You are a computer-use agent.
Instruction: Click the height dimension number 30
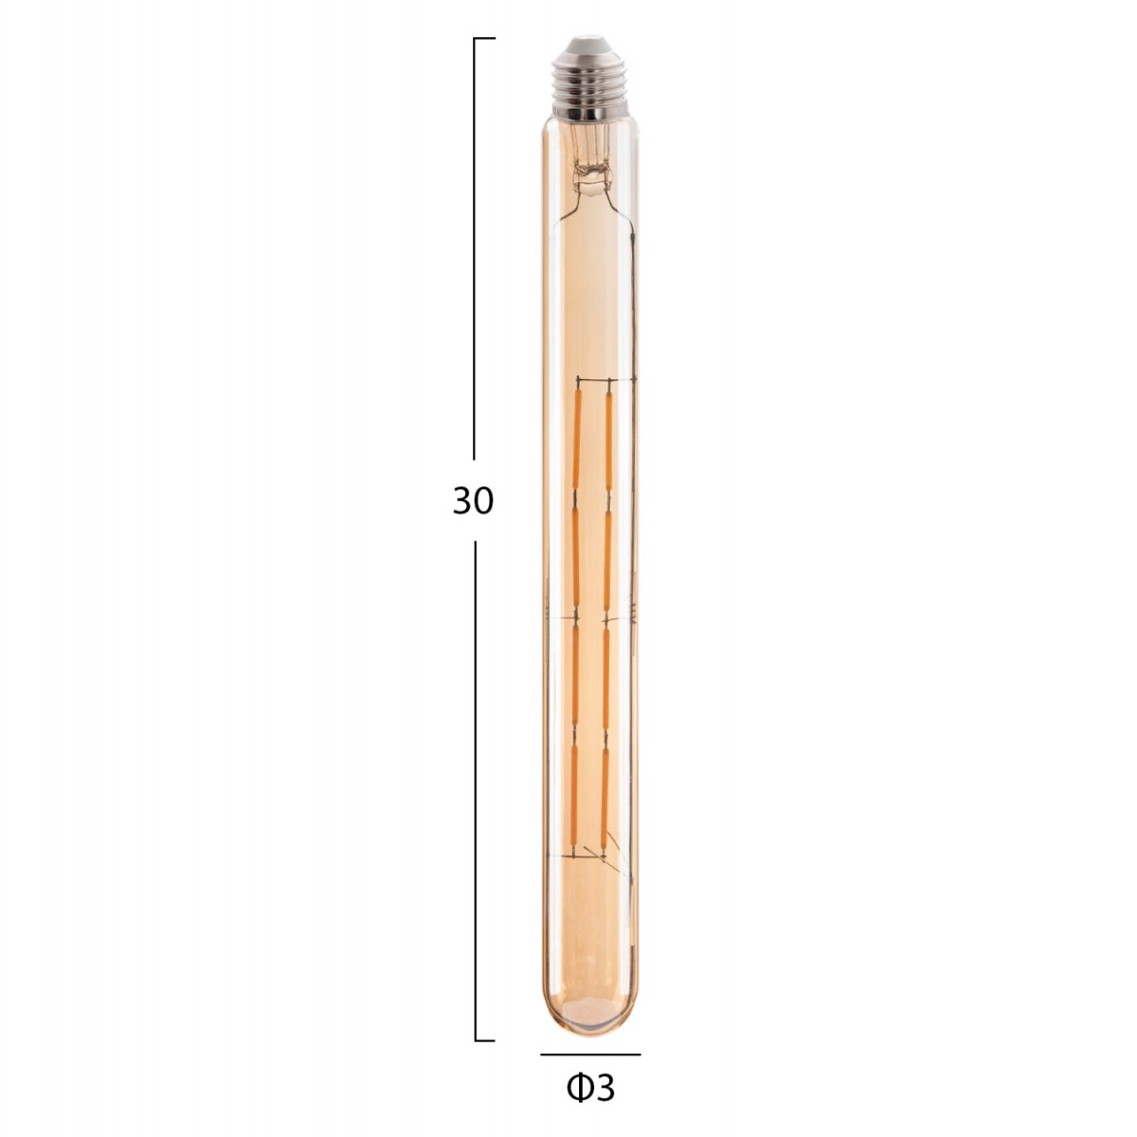pyautogui.click(x=473, y=500)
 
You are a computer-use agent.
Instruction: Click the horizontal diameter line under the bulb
pyautogui.click(x=590, y=1054)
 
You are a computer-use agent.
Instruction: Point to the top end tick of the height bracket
pyautogui.click(x=484, y=39)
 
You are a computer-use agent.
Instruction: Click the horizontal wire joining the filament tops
pyautogui.click(x=592, y=382)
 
